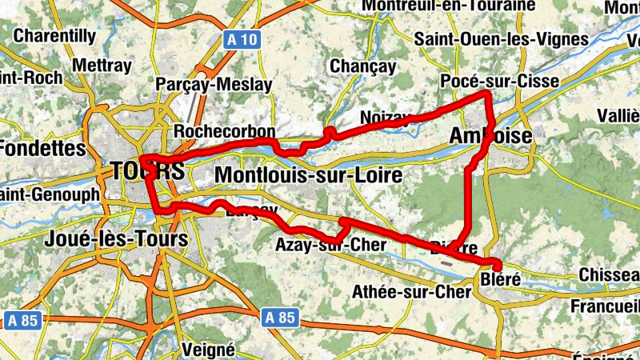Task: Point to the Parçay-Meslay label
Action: pyautogui.click(x=214, y=84)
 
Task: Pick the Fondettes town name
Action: pyautogui.click(x=42, y=149)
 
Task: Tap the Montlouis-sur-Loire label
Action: pyautogui.click(x=308, y=174)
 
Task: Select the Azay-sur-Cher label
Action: pyautogui.click(x=330, y=244)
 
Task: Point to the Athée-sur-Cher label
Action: pyautogui.click(x=412, y=292)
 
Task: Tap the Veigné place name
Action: pyautogui.click(x=209, y=349)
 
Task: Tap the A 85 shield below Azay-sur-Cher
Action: pyautogui.click(x=279, y=318)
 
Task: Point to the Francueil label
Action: pyautogui.click(x=606, y=306)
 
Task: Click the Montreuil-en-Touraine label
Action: pyautogui.click(x=448, y=6)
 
